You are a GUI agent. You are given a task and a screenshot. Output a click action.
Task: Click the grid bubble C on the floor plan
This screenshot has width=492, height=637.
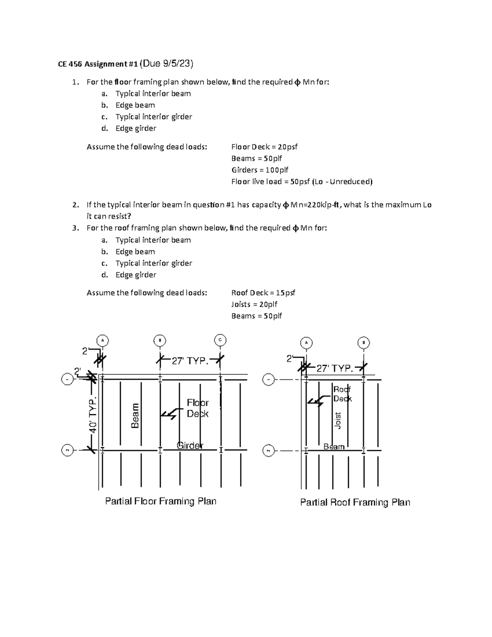point(220,340)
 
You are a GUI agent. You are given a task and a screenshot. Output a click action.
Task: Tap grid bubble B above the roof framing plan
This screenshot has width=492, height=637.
point(363,342)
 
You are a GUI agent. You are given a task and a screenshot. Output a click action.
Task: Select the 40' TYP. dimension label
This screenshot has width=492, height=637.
point(93,415)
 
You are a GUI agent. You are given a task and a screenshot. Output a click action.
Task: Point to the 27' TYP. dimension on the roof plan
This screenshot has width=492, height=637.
point(335,368)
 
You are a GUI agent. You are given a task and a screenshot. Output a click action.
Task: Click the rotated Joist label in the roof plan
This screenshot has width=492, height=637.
point(338,420)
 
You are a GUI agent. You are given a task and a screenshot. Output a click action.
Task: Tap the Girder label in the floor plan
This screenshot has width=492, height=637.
point(190,445)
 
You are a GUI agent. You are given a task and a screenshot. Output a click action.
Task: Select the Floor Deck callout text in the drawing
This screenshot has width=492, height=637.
point(198,408)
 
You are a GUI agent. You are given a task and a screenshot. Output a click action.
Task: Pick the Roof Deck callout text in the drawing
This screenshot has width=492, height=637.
point(342,394)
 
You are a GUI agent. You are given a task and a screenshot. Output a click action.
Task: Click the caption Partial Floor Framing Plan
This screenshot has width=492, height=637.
point(161,501)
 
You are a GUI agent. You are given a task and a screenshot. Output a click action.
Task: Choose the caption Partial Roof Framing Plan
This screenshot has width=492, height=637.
point(355,502)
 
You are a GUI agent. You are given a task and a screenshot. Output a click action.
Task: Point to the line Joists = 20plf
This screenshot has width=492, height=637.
point(254,304)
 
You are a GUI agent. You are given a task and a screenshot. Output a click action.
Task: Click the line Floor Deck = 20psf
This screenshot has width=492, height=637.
point(264,147)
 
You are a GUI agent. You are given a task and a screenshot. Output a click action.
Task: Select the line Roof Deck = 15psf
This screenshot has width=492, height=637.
point(263,293)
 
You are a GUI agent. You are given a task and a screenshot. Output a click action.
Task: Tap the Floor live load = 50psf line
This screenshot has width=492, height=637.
point(302,182)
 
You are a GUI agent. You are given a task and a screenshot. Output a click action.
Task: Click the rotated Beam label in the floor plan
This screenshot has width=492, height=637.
point(135,416)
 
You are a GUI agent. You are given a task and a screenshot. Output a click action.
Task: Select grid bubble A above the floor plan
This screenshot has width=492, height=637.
point(102,340)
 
